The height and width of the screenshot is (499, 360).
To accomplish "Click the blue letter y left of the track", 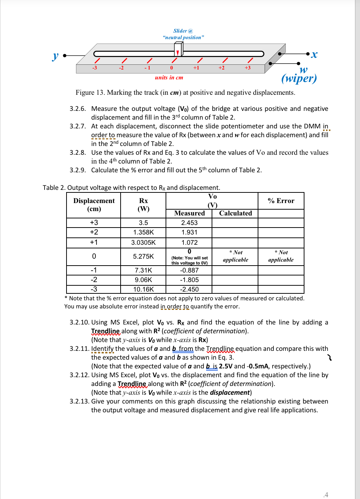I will tap(55, 56).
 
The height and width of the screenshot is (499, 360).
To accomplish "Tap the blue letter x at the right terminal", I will tap(314, 55).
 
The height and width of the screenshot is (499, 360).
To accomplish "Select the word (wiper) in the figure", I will tap(299, 78).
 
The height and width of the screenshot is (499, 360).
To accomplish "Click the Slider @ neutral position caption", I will tap(183, 34).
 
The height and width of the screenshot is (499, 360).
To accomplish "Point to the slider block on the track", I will tap(178, 49).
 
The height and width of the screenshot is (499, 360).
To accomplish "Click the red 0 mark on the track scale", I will tap(171, 68).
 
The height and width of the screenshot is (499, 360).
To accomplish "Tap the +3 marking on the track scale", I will tap(247, 68).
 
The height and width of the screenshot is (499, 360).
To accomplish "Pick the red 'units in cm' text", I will tap(169, 78).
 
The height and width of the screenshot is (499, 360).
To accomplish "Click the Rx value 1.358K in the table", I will tap(143, 232).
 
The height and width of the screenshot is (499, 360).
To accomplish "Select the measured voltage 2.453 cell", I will tap(189, 223).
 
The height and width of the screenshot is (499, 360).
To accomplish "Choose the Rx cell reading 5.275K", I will tap(143, 256).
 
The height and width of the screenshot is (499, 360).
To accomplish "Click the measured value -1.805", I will tap(189, 280).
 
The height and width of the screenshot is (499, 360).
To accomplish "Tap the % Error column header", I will tap(281, 201).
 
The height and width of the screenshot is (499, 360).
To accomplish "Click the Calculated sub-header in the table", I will tap(235, 213).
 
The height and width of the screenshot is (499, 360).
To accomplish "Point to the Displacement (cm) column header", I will tap(94, 205).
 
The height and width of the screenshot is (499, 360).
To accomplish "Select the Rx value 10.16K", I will tap(143, 289).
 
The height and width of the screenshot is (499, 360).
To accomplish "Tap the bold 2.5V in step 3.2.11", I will tap(226, 366).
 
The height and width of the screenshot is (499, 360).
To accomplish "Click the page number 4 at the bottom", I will tap(326, 495).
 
